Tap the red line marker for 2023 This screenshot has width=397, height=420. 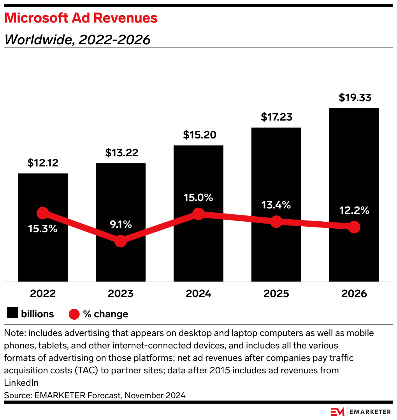click(x=121, y=241)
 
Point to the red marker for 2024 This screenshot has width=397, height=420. click(x=198, y=213)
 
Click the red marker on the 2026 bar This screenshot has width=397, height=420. click(x=354, y=227)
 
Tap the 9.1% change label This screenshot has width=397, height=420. click(x=121, y=224)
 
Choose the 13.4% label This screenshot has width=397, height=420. click(x=276, y=205)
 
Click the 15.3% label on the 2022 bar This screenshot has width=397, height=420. click(x=43, y=229)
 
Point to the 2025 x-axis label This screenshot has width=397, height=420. click(x=276, y=294)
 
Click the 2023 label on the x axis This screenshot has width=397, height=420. click(x=121, y=294)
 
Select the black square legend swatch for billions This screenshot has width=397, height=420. click(x=12, y=314)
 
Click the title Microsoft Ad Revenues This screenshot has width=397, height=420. click(x=81, y=18)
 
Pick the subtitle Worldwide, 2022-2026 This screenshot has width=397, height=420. click(x=77, y=40)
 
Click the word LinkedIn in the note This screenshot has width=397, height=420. click(x=21, y=383)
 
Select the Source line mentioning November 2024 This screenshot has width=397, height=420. click(x=95, y=395)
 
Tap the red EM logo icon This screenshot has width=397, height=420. click(x=337, y=412)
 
